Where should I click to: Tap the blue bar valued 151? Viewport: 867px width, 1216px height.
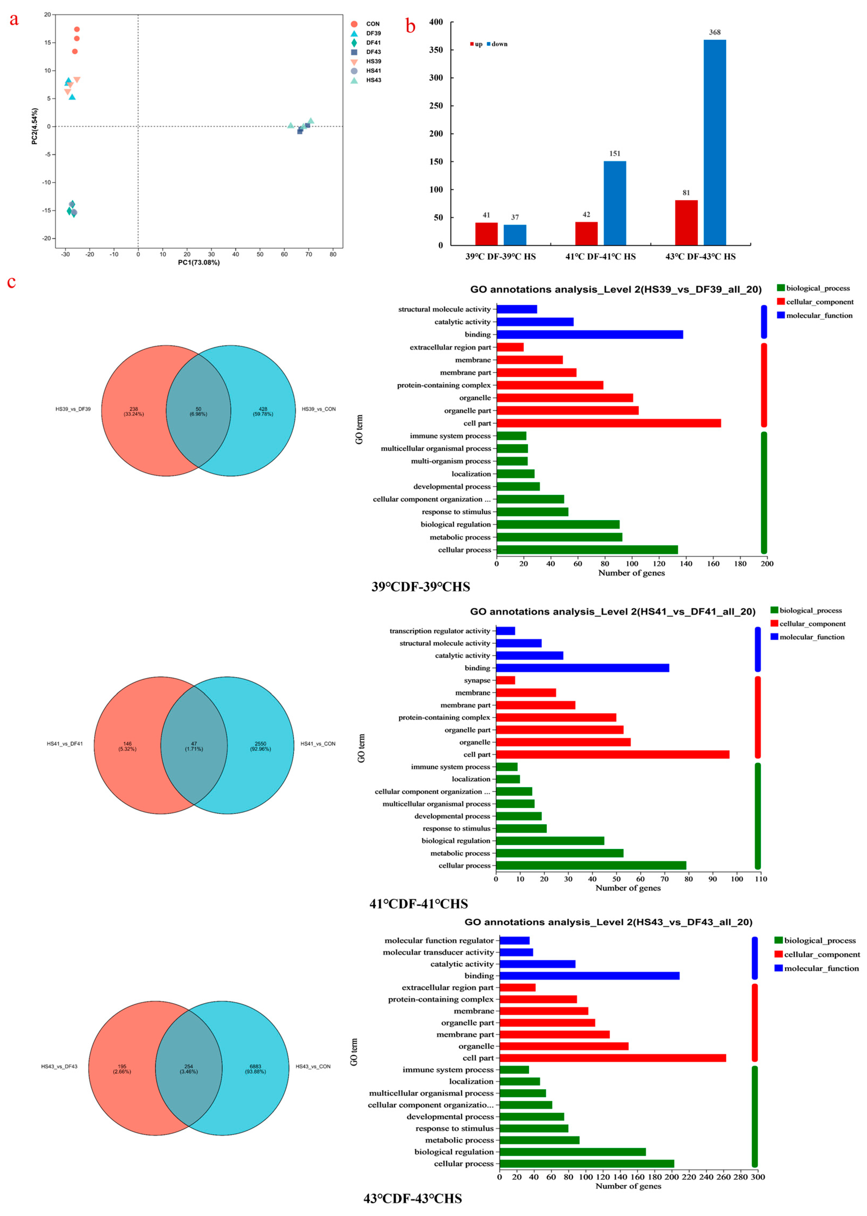coord(615,203)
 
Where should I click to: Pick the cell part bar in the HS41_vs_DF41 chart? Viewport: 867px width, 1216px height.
coord(612,754)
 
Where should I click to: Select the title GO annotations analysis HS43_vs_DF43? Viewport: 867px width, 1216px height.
coord(608,922)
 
